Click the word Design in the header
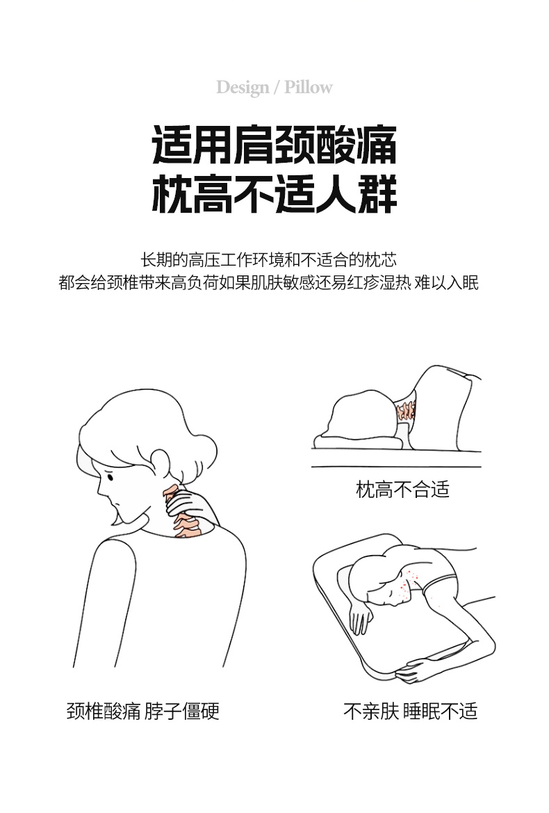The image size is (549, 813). point(243,88)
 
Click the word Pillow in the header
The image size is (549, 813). point(308,87)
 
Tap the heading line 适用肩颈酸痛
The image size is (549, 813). point(274,145)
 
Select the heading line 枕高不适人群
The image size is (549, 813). point(274,195)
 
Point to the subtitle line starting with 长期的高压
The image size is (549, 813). point(269,259)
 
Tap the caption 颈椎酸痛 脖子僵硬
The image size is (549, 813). point(143,711)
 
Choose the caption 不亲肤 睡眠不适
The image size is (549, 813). point(410,711)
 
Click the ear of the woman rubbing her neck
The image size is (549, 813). point(159,462)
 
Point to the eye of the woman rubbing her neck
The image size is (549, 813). point(109,476)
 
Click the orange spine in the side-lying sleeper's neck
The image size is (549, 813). point(405,410)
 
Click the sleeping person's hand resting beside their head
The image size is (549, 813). point(361,616)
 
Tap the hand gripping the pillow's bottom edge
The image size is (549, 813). point(413,669)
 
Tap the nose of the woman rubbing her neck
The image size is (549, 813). point(99,488)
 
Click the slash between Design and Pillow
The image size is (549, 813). point(277,88)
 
